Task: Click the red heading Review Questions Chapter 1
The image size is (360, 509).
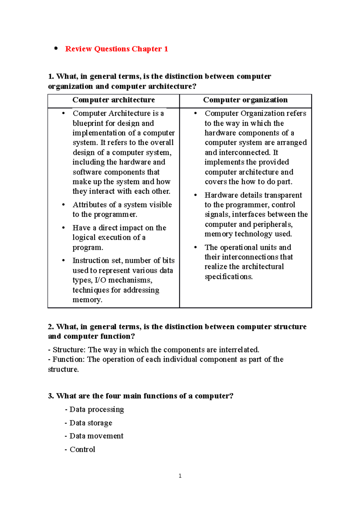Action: [x=116, y=49]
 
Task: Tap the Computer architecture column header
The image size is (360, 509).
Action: [x=113, y=100]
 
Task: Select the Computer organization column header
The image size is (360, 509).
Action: [x=245, y=100]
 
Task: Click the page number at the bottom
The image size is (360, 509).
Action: [x=180, y=476]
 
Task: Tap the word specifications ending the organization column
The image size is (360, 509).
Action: [x=229, y=277]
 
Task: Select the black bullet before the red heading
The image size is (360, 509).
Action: [x=55, y=48]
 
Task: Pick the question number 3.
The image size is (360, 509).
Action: [x=51, y=396]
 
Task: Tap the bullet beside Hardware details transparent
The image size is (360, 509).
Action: [x=196, y=195]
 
